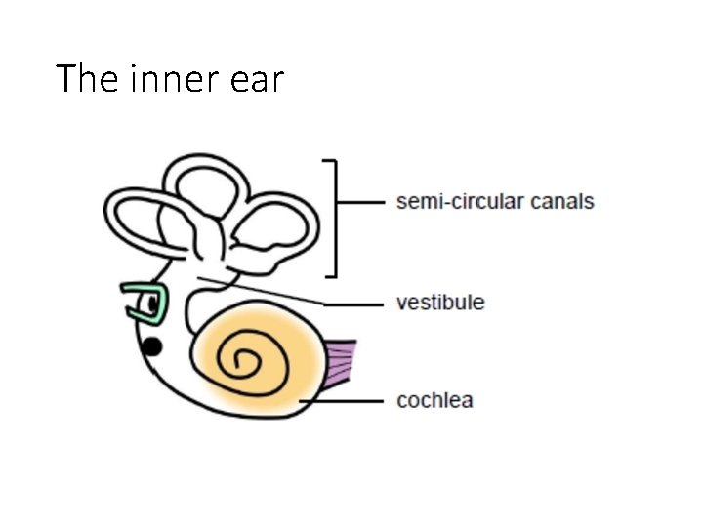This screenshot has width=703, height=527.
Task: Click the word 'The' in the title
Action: point(87,78)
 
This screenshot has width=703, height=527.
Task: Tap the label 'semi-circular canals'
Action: point(495,202)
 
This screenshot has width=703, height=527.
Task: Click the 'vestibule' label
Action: point(440,302)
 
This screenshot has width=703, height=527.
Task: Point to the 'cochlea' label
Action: point(434,400)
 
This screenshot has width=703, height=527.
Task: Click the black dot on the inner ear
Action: point(152,345)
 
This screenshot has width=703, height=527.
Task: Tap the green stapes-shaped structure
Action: point(144,303)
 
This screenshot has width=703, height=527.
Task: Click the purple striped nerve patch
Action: point(341,363)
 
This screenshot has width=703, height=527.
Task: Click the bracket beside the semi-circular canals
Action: point(336,217)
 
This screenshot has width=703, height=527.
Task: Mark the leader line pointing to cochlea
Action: point(342,400)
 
